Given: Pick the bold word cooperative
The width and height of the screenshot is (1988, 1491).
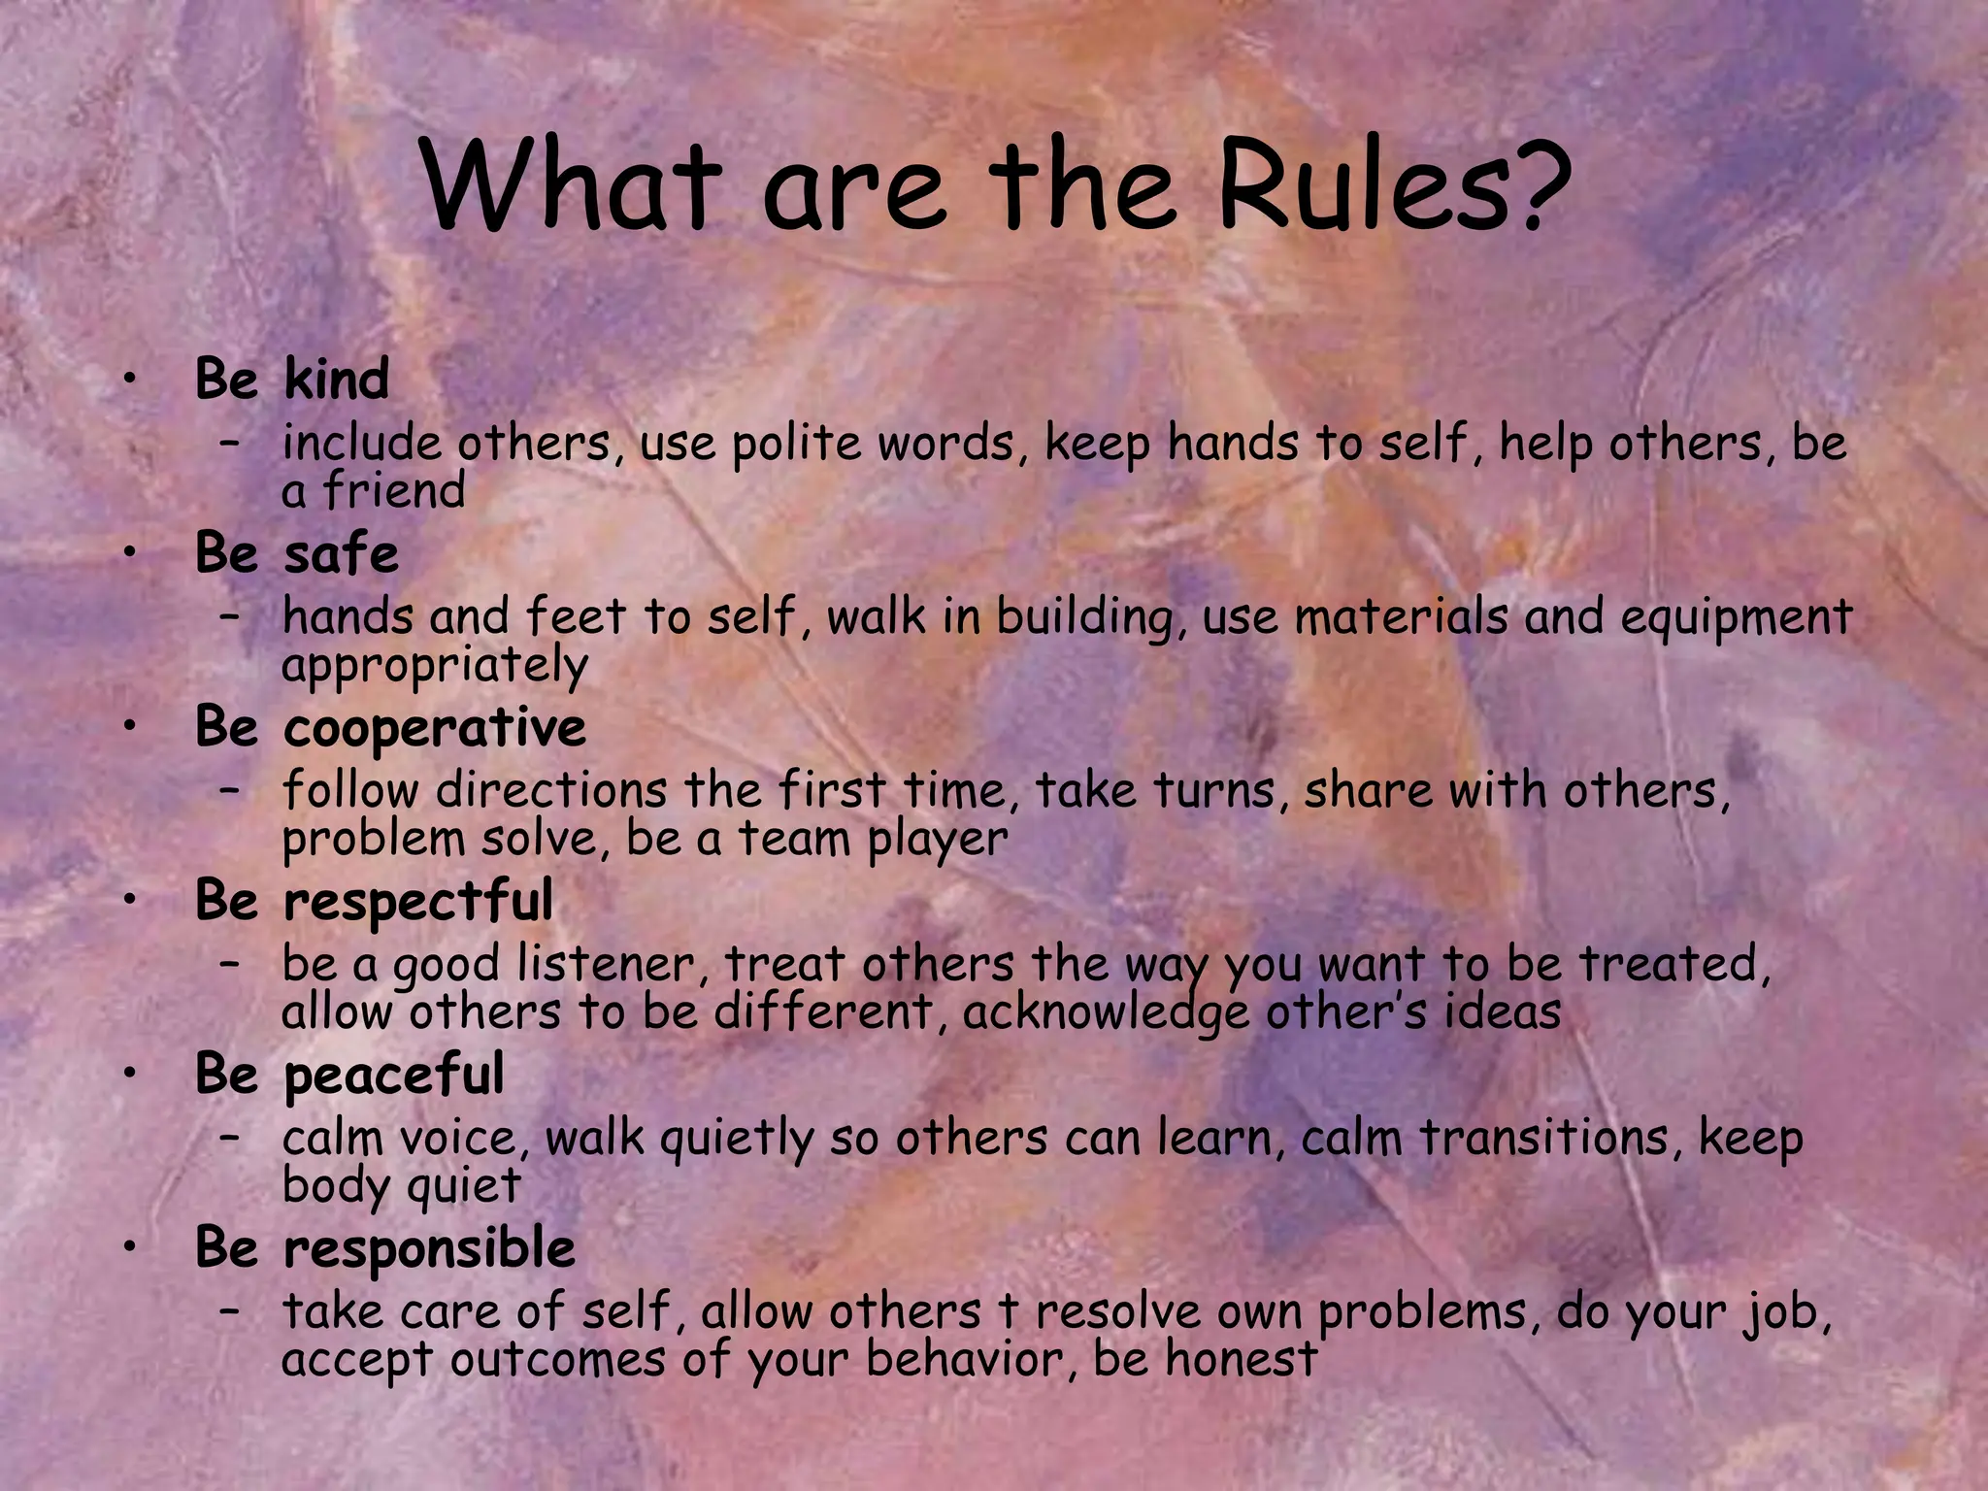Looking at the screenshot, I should point(434,728).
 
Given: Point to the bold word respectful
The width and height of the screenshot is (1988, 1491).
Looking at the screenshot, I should point(417,902).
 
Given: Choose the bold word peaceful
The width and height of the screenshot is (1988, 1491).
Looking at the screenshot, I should point(393,1076).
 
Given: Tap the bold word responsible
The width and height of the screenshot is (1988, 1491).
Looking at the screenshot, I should point(429,1249).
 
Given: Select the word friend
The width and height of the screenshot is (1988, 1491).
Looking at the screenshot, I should point(393,489).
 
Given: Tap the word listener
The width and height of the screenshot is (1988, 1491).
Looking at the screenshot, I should point(605,964).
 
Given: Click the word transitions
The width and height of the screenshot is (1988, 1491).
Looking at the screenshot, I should point(1543,1138).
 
